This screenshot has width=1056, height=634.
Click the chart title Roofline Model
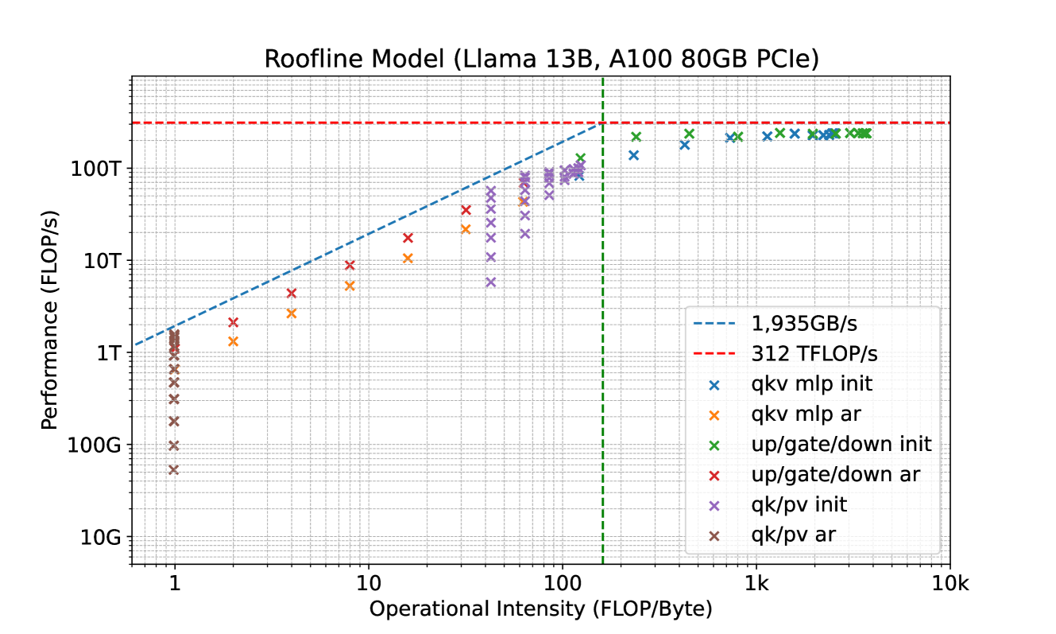coord(542,60)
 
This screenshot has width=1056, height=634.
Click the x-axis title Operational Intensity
coord(540,609)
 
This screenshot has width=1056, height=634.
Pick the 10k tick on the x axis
coord(951,586)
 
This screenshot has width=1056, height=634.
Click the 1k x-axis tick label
coord(756,586)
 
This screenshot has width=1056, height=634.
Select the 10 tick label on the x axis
coord(368,586)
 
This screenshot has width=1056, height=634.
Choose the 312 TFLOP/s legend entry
coord(808,354)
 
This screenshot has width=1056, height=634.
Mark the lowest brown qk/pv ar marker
coord(174,470)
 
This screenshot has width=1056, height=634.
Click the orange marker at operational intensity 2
coord(234,341)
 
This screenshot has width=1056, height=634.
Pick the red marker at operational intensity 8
coord(350,265)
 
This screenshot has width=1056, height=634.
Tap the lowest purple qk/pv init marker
coord(491,282)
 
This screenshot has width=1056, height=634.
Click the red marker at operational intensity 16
coord(408,238)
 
